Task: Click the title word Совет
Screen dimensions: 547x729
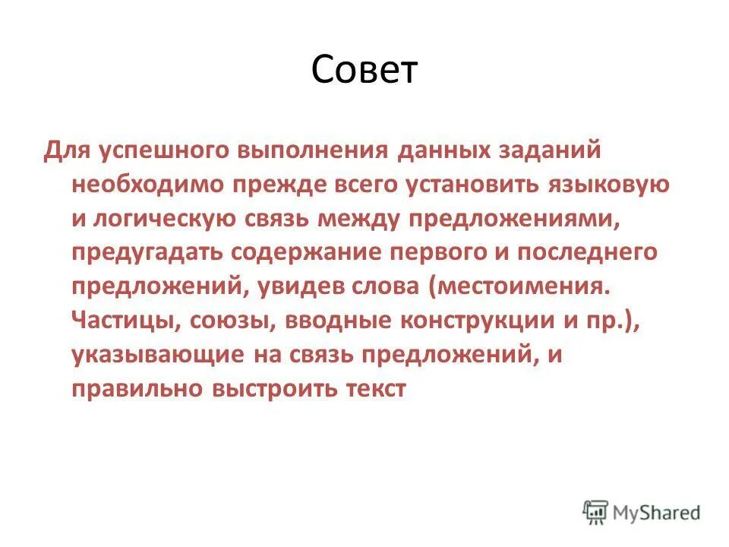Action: coord(364,71)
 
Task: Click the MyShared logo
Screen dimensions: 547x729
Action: coord(642,513)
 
